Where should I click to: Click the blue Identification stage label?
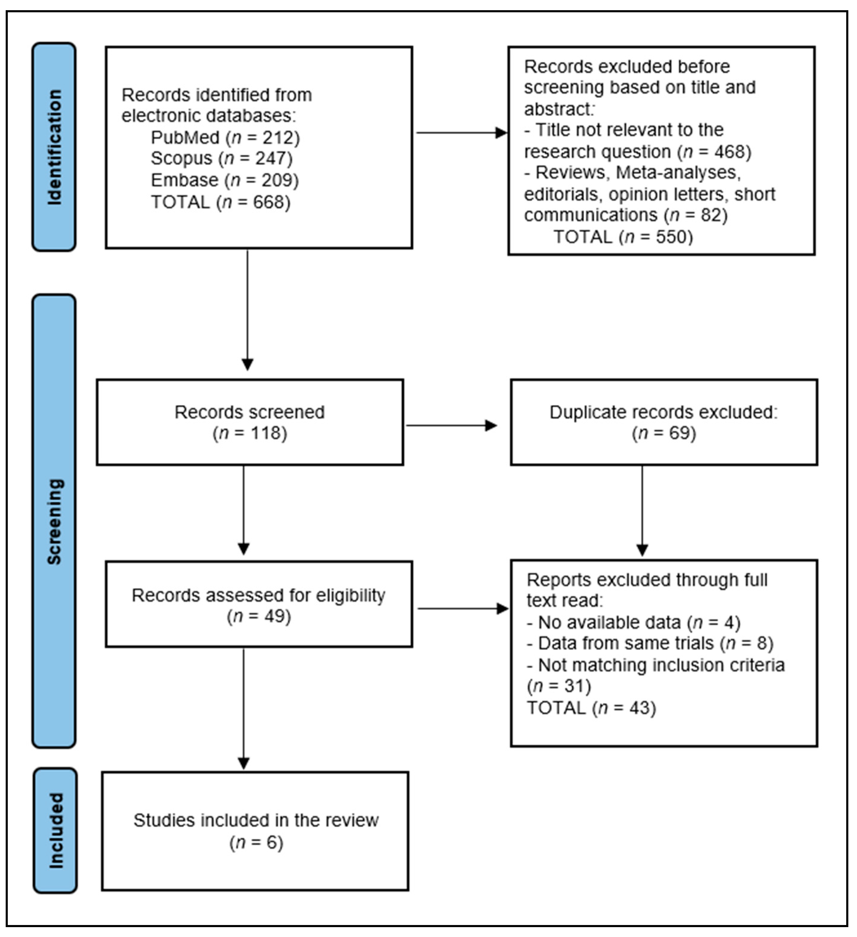(54, 147)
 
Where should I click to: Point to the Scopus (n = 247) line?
(222, 158)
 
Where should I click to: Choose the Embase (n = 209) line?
(225, 180)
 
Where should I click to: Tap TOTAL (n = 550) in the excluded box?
(623, 237)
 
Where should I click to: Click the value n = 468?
(714, 152)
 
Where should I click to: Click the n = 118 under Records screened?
(250, 433)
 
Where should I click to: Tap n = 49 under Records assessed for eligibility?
(259, 616)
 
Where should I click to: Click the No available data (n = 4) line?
(633, 622)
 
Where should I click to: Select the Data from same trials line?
(649, 643)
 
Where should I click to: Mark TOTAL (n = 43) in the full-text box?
(591, 708)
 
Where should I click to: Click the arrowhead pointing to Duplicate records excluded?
(491, 425)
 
